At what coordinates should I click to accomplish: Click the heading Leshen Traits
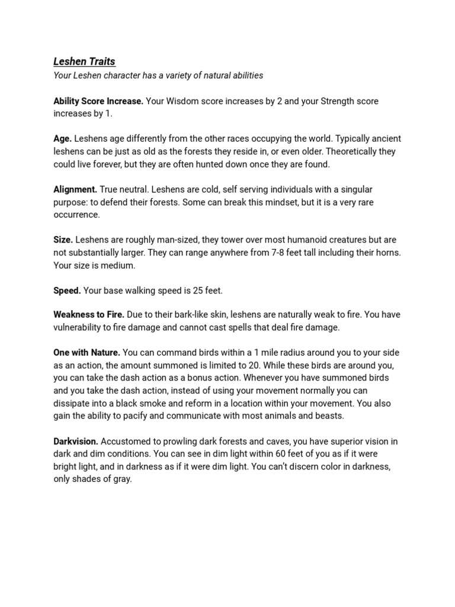coord(84,61)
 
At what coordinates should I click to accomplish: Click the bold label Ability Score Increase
coord(98,101)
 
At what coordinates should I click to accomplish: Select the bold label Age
coord(62,138)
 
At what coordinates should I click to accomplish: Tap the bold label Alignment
coord(75,189)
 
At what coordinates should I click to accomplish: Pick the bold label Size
coord(63,239)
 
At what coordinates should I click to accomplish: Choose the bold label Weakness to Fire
coord(89,314)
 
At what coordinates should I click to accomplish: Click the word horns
coord(386,253)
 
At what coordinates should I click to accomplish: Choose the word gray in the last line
coord(122,479)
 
